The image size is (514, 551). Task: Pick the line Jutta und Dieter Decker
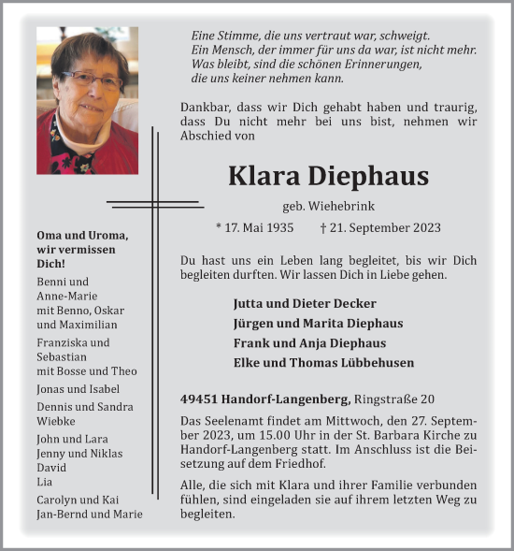point(292,304)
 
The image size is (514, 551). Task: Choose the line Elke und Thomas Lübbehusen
point(323,363)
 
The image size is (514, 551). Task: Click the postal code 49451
point(200,399)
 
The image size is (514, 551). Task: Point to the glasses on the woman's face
point(91,80)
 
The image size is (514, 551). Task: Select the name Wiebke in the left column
point(56,421)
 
